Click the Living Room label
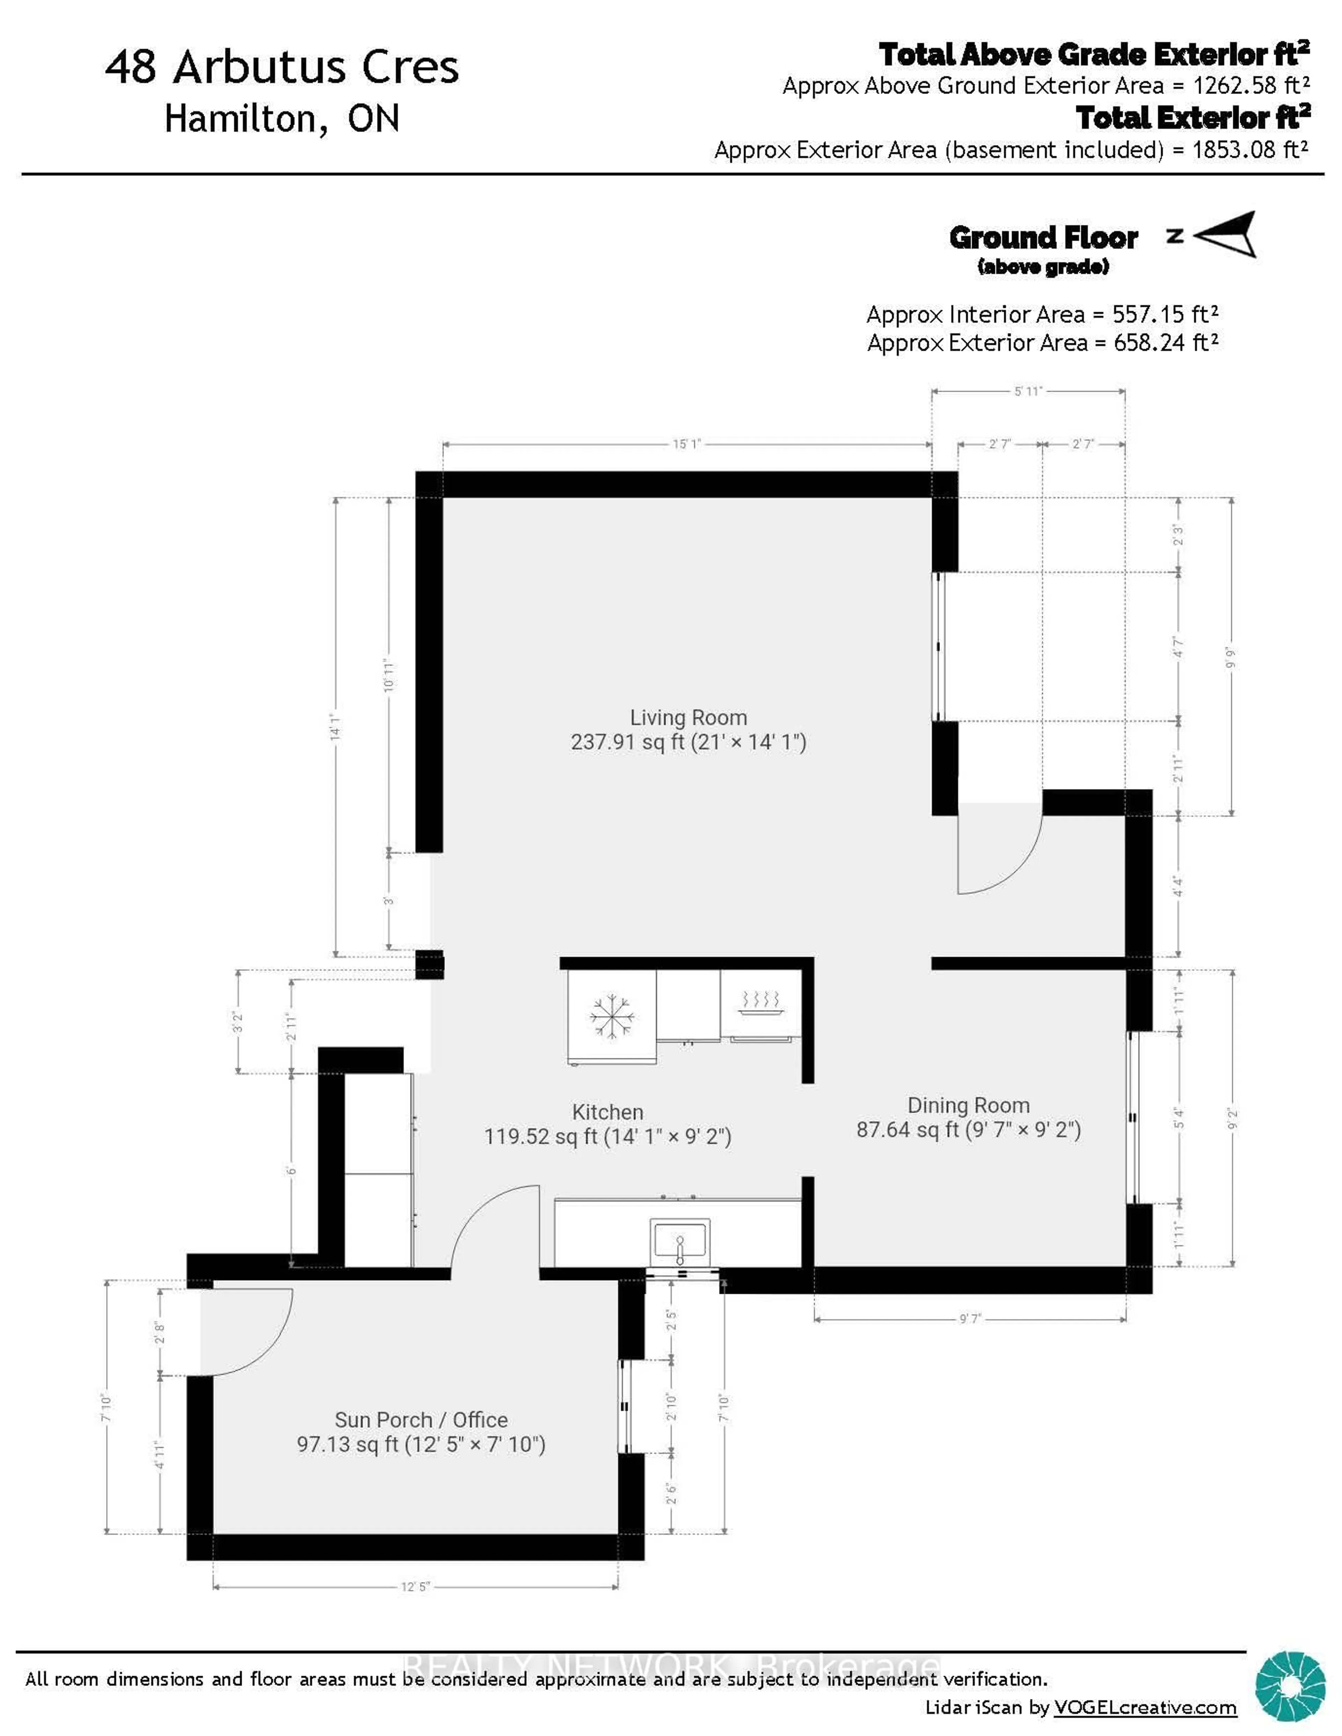tap(688, 718)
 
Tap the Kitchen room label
tap(607, 1112)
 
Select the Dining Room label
tap(968, 1106)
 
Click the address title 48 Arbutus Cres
tap(282, 67)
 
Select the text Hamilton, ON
tap(282, 119)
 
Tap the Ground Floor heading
tap(1043, 238)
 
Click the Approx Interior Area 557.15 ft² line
tap(1042, 315)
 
